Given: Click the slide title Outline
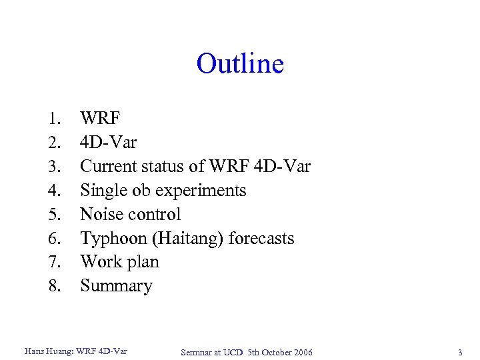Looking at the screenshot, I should click(x=240, y=64).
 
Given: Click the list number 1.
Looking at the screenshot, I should click(x=54, y=119).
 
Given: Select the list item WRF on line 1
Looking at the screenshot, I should click(x=100, y=119).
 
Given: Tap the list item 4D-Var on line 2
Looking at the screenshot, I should click(x=108, y=143).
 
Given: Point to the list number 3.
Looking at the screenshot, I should click(x=54, y=167).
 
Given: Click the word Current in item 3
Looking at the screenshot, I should click(x=107, y=167).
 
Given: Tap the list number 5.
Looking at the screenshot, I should click(x=54, y=215).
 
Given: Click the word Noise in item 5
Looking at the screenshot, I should click(x=99, y=215).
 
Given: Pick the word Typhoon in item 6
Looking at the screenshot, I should click(x=108, y=239).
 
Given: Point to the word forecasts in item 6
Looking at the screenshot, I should click(x=261, y=238).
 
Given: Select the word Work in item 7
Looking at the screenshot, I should click(x=98, y=262).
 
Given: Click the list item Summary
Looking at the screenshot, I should click(x=116, y=286).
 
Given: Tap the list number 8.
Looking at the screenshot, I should click(x=54, y=286).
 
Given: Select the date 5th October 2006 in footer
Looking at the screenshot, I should click(x=279, y=352).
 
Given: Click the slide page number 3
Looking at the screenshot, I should click(x=459, y=351).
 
